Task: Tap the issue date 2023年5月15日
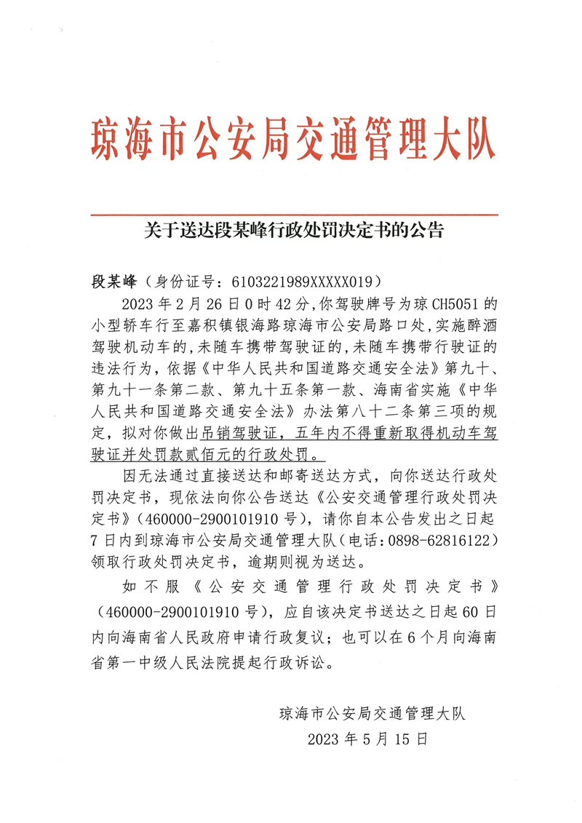click(x=367, y=739)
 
